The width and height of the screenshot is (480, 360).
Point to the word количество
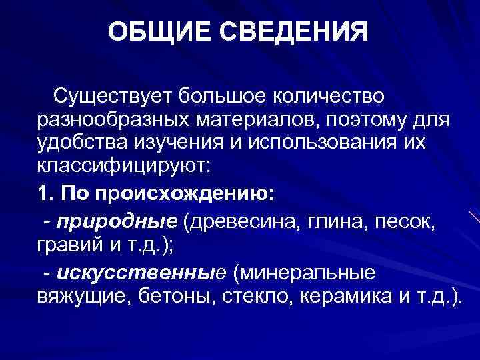click(x=326, y=97)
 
